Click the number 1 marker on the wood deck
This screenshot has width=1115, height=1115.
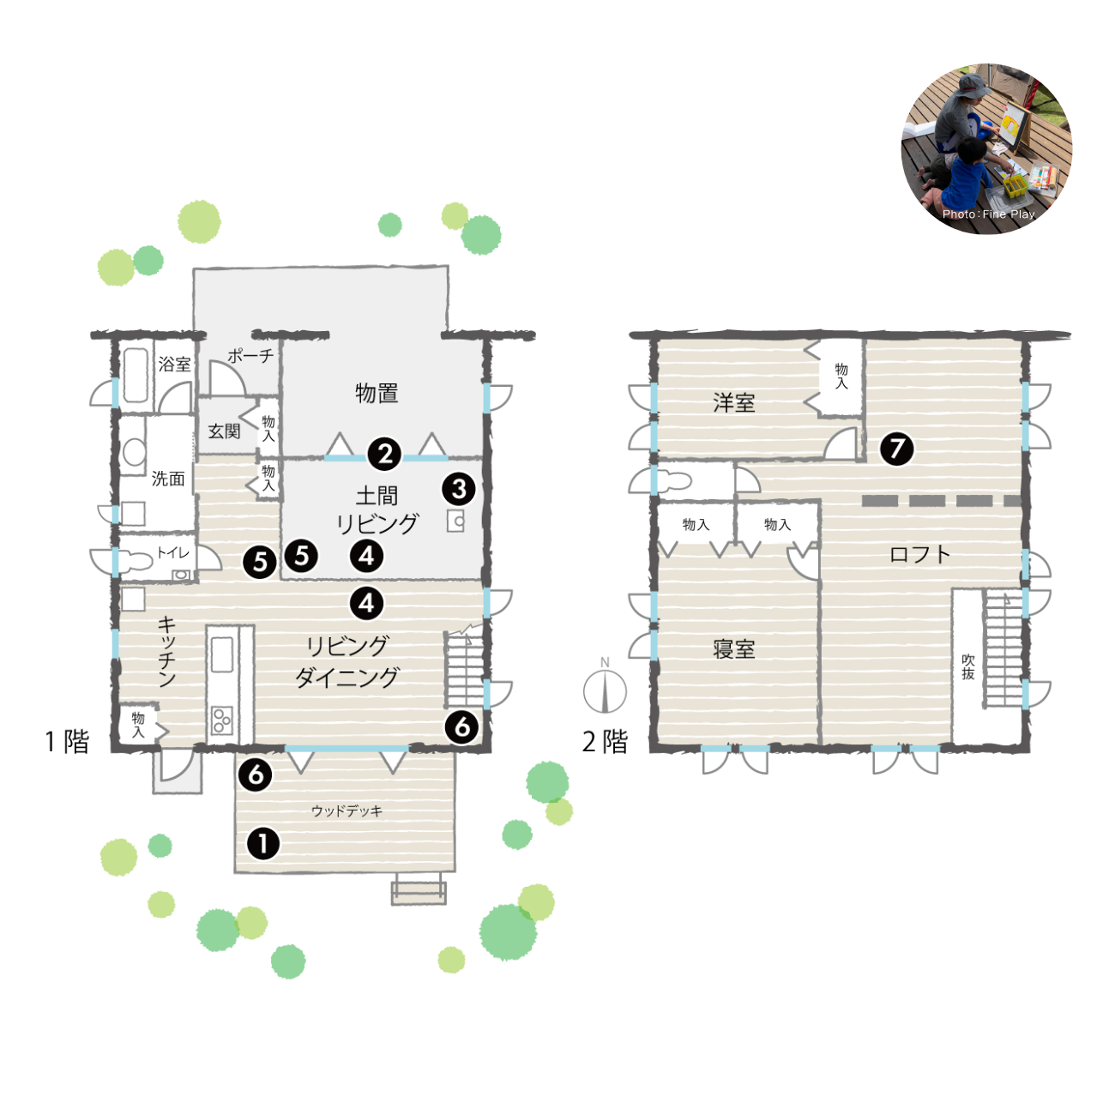pyautogui.click(x=263, y=844)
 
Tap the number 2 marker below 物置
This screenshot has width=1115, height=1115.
pyautogui.click(x=385, y=454)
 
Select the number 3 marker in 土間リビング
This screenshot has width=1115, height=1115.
pyautogui.click(x=459, y=489)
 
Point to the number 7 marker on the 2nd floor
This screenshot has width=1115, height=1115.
pyautogui.click(x=897, y=449)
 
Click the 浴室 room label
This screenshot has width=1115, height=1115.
pyautogui.click(x=174, y=364)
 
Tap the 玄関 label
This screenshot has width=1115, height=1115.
pyautogui.click(x=224, y=431)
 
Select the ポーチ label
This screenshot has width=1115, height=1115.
pyautogui.click(x=250, y=355)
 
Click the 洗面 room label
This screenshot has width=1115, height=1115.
pyautogui.click(x=168, y=479)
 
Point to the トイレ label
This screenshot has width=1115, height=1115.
pyautogui.click(x=173, y=552)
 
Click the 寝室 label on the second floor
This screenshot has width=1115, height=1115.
pyautogui.click(x=733, y=649)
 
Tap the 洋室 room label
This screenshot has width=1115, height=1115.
pyautogui.click(x=733, y=403)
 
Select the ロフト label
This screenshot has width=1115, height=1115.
pyautogui.click(x=920, y=554)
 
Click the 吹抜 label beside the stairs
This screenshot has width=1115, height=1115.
pyautogui.click(x=968, y=667)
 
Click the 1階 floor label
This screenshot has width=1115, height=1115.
pyautogui.click(x=67, y=742)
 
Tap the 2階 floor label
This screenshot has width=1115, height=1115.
pyautogui.click(x=605, y=742)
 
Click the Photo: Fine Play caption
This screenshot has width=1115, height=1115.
pyautogui.click(x=988, y=214)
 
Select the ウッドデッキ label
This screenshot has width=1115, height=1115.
pyautogui.click(x=347, y=811)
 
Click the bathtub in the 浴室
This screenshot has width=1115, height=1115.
pyautogui.click(x=136, y=375)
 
